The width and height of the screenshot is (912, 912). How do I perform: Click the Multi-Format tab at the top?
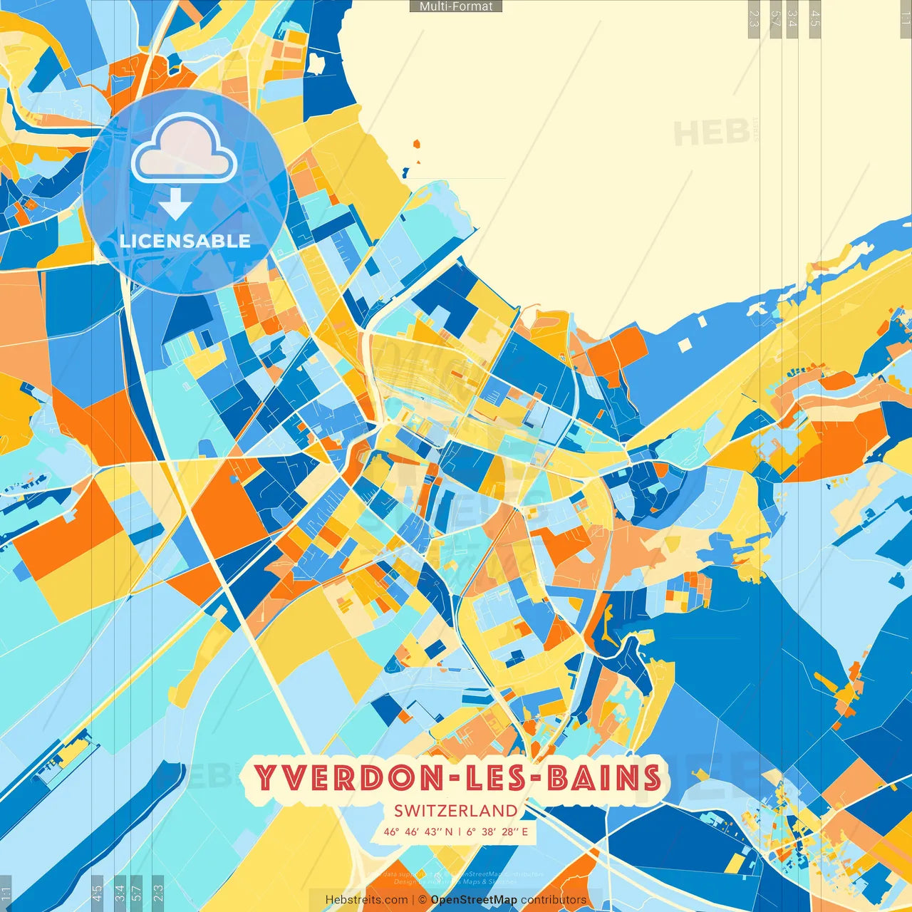tap(456, 6)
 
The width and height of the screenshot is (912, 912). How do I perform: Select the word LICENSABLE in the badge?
tap(185, 241)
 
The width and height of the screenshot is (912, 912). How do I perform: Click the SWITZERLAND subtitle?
tap(456, 810)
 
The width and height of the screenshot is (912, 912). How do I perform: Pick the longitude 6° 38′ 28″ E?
tap(497, 831)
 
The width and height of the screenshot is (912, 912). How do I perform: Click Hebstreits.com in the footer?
tap(366, 900)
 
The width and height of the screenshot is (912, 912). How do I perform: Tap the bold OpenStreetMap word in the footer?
tap(474, 900)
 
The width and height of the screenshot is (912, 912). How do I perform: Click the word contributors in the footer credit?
tap(554, 900)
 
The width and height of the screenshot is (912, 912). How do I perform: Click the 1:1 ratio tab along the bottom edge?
tap(6, 893)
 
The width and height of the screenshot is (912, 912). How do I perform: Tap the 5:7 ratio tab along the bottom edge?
tap(137, 893)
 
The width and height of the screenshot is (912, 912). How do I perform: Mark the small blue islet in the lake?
tap(405, 172)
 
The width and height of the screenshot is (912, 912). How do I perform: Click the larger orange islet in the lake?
tap(416, 145)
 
